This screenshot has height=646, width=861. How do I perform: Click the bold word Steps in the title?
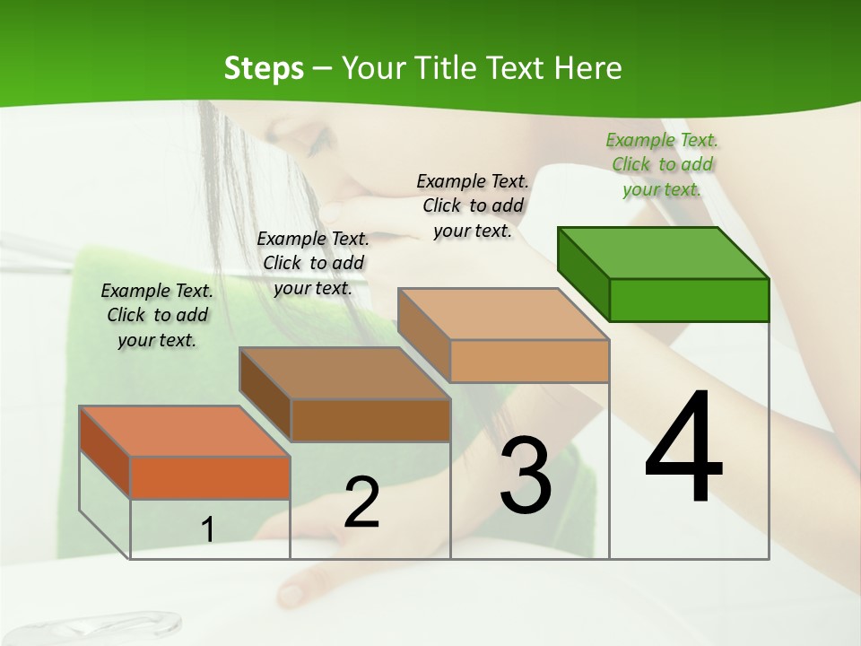click(264, 68)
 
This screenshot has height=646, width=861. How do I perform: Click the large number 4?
click(683, 449)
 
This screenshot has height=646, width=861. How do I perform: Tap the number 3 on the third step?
click(525, 476)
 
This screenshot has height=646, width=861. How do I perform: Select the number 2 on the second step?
click(361, 502)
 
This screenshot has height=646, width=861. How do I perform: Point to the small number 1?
click(207, 530)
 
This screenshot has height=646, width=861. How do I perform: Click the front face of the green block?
click(689, 300)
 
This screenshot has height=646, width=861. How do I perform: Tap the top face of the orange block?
click(185, 431)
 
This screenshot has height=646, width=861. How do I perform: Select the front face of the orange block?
click(210, 477)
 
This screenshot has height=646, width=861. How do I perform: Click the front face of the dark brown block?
click(370, 420)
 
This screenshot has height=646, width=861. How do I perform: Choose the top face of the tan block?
click(503, 314)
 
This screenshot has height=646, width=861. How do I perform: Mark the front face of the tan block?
click(529, 361)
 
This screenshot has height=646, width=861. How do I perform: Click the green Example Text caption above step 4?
click(662, 164)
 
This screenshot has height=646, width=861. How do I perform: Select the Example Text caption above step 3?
click(473, 205)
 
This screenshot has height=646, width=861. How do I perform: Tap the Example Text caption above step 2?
click(313, 263)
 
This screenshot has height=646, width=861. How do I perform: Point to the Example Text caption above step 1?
click(157, 315)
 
